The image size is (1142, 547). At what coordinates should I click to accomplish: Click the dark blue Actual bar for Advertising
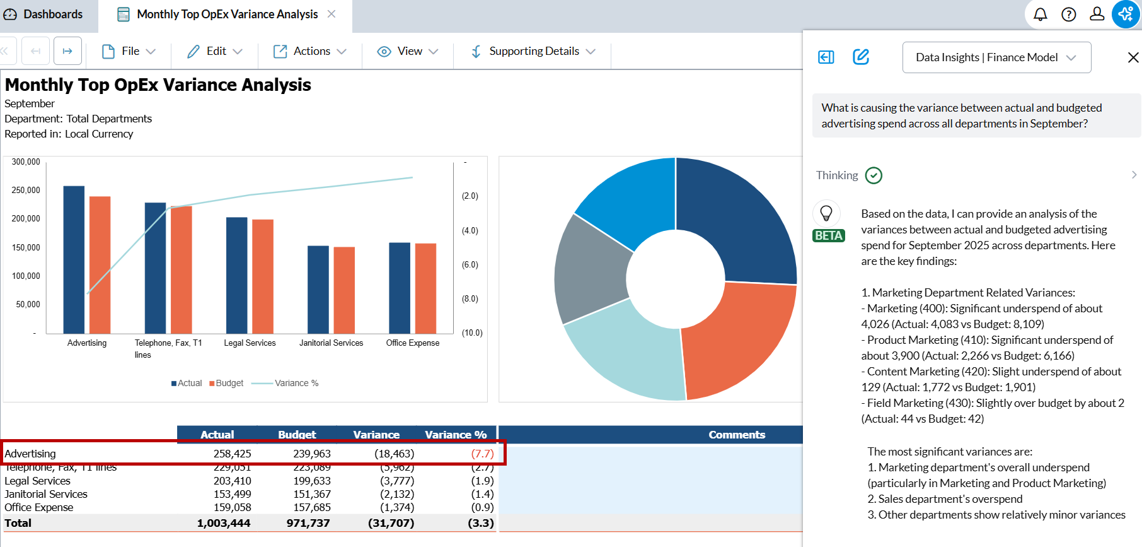click(x=74, y=259)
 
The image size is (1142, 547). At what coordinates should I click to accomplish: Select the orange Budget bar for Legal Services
click(x=263, y=276)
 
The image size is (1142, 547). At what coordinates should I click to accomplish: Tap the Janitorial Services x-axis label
click(x=331, y=343)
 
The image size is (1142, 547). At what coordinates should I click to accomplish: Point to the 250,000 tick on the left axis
click(x=26, y=190)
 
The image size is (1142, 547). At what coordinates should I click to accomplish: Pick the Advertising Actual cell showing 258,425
click(x=232, y=454)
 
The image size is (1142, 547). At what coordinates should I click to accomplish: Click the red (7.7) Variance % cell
click(x=482, y=454)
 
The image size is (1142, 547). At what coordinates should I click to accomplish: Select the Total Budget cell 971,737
click(x=308, y=523)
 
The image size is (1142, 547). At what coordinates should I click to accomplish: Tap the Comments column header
click(x=736, y=435)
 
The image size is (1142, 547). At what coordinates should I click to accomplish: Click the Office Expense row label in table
click(x=39, y=507)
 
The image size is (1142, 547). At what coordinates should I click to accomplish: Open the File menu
click(x=129, y=51)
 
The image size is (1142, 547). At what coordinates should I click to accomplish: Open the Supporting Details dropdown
click(x=533, y=51)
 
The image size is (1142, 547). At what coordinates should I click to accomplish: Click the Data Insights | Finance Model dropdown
click(x=996, y=57)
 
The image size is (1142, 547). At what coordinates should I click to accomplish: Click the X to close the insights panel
click(x=1133, y=57)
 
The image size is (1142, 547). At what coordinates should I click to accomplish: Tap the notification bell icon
click(x=1041, y=15)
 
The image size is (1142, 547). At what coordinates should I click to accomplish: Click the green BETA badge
click(x=828, y=235)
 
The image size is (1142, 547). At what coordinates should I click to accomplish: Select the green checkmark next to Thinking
click(x=874, y=175)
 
